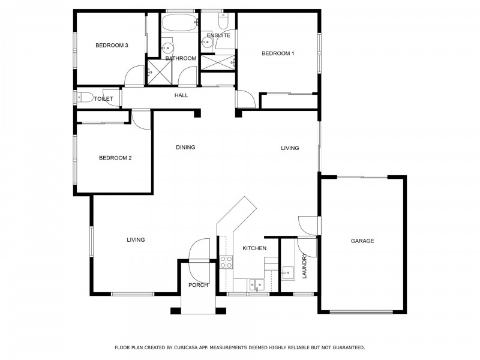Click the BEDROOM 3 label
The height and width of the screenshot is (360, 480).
point(112,46)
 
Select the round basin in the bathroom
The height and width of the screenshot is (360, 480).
point(168,47)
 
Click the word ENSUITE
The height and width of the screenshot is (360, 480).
point(218,35)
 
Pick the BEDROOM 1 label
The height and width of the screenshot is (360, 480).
point(278,53)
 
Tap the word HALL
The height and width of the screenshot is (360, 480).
point(181,95)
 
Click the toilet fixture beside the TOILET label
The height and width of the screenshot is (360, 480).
point(84,98)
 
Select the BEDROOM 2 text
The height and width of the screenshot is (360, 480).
point(115,158)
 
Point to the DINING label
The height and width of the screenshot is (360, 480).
point(185,147)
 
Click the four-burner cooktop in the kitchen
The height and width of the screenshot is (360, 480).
point(226,262)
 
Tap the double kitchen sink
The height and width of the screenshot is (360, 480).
point(256,284)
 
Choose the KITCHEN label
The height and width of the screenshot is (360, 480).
point(254,248)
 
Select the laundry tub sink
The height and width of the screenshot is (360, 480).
point(289,273)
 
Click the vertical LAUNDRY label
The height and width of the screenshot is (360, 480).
point(305,266)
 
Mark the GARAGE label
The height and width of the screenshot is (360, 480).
point(362,241)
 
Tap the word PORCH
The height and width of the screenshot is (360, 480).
point(198,285)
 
